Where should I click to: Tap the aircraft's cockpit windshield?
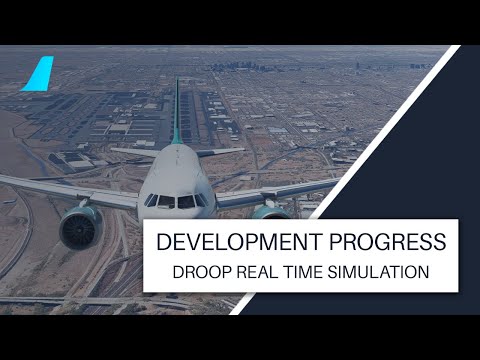click(x=176, y=201)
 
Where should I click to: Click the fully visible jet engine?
click(x=81, y=226)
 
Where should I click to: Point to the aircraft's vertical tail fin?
click(x=177, y=110)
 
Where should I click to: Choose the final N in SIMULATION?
click(x=424, y=271)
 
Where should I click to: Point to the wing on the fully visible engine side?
click(x=60, y=189)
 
